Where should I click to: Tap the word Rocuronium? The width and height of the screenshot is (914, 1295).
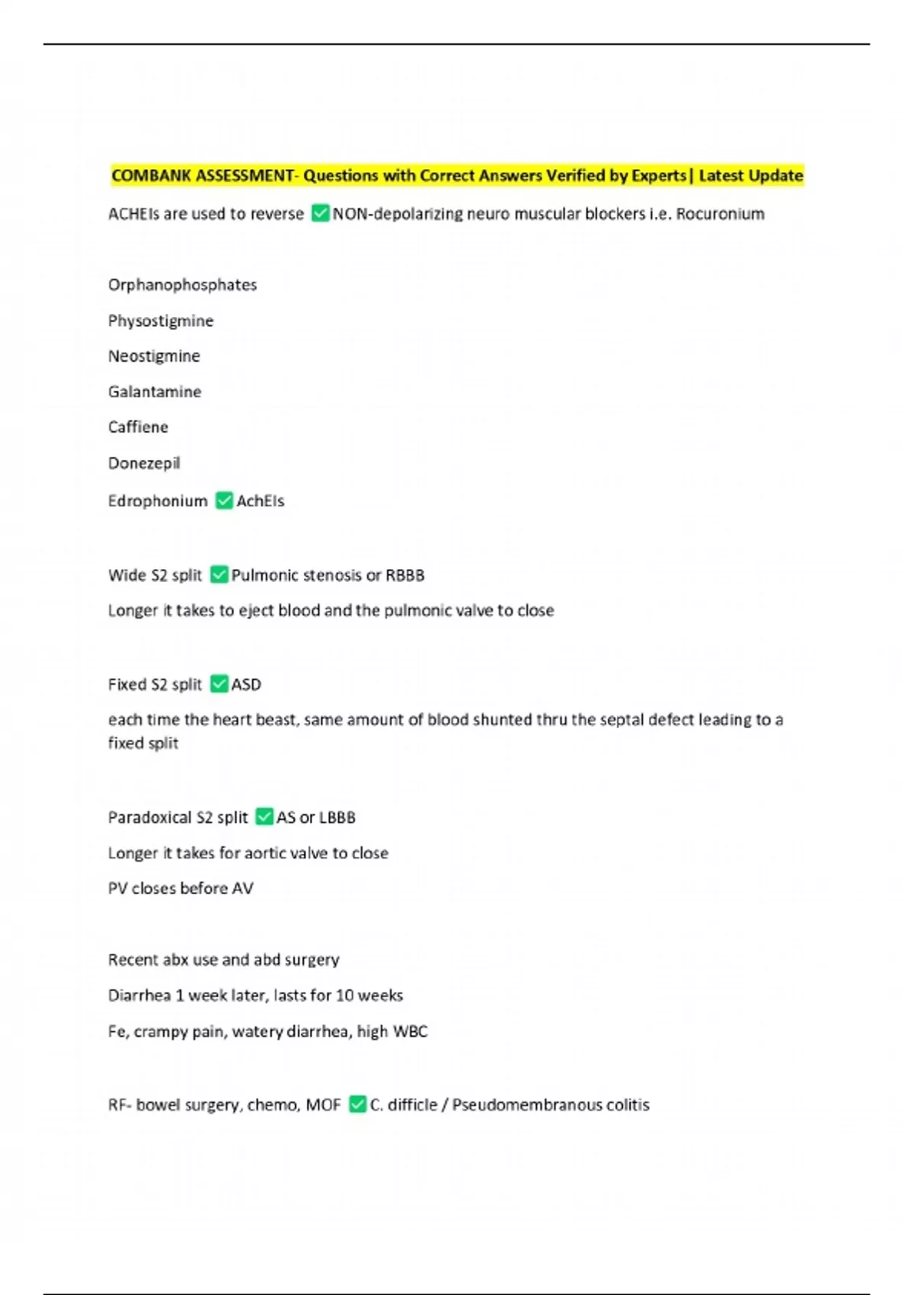coord(720,214)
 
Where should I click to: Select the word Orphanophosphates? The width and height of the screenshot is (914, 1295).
coord(182,285)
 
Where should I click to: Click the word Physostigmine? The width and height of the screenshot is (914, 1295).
coord(161,321)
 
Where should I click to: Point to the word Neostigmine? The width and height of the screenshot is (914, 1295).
coord(154,356)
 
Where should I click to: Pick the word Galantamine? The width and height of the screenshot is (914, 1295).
coord(155,392)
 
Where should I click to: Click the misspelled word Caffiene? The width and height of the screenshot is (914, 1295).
coord(138,427)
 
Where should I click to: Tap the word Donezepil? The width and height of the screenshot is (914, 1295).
coord(144,463)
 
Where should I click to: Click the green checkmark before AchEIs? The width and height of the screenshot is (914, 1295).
coord(224,500)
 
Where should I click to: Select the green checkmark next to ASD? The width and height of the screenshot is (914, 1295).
coord(219,684)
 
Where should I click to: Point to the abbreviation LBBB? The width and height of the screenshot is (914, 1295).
coord(337,817)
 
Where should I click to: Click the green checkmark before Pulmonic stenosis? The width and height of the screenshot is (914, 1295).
coord(219,574)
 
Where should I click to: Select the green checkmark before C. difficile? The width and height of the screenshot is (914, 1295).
coord(357,1104)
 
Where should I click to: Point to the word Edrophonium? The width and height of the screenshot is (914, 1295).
coord(158,501)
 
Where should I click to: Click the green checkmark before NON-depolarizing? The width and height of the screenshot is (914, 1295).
coord(321,213)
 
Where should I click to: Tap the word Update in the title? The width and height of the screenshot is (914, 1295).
coord(778,176)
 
